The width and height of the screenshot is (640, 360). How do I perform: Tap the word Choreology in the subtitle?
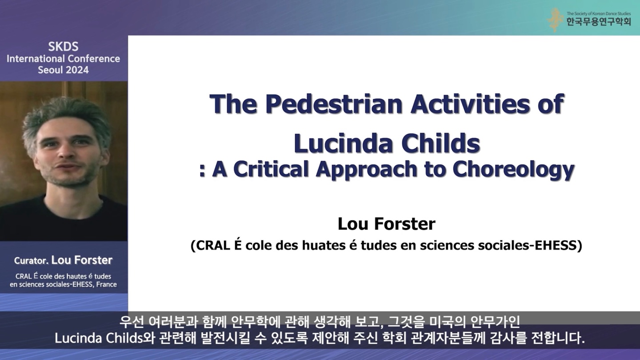513,170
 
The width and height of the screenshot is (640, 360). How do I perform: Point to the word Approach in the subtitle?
367,170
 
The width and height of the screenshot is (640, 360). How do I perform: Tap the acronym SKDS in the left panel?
63,47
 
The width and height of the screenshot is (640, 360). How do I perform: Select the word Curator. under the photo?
31,260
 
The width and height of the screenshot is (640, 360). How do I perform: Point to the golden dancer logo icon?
555,20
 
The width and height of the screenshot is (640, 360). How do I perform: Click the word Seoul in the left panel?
50,70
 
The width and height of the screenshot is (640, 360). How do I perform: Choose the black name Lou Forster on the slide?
387,224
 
